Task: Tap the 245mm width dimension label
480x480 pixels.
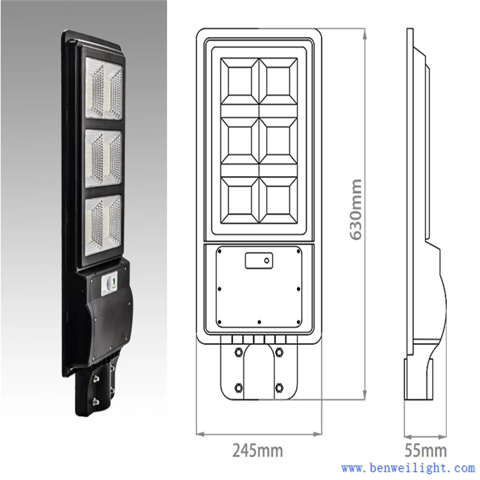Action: (258, 450)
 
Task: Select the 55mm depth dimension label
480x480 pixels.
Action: (426, 450)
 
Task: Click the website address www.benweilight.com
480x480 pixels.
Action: (408, 468)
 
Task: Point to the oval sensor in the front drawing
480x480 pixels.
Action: (259, 260)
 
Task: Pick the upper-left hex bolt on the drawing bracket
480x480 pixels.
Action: (238, 351)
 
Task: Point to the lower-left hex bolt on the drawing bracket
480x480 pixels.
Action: (238, 387)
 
